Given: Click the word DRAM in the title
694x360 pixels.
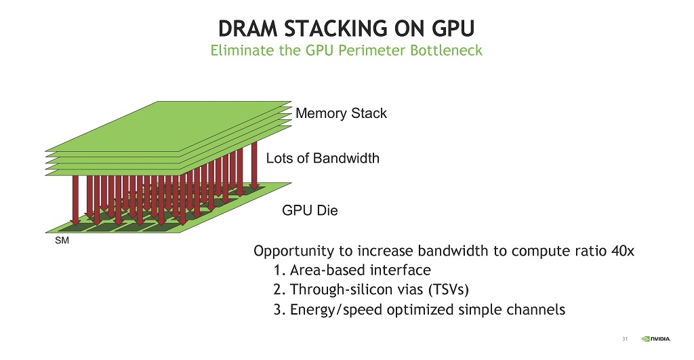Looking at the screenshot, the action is tap(248, 28).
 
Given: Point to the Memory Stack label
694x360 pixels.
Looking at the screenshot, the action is tap(342, 113).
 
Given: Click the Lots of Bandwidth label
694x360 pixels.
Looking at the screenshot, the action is tap(323, 158).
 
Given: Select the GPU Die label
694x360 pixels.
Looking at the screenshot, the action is tap(310, 210).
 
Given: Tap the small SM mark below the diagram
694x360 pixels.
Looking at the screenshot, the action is tap(62, 241).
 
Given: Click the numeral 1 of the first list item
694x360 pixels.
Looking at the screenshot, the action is tap(277, 270).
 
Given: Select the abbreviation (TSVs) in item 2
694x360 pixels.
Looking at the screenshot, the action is tap(449, 289).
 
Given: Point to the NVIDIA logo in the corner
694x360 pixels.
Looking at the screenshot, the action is tap(656, 339).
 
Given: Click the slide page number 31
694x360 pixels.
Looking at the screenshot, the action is tap(625, 339).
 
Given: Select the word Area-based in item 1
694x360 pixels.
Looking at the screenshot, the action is tap(328, 270).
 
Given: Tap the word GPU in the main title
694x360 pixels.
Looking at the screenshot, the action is tap(453, 28).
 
